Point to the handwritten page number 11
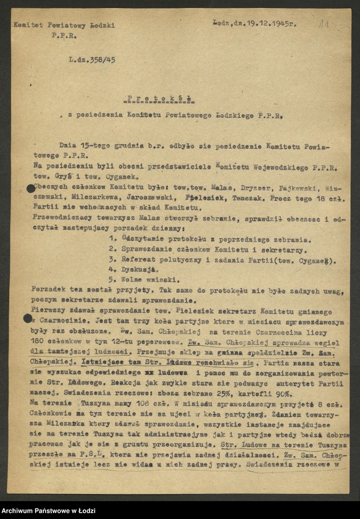tap(324, 25)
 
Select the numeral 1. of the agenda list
tap(112, 238)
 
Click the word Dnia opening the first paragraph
tap(67, 145)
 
